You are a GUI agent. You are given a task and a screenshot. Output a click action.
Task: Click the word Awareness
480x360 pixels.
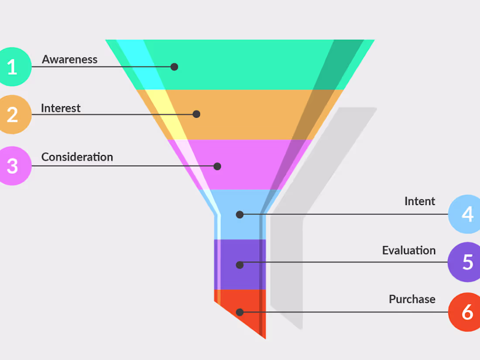coord(70,59)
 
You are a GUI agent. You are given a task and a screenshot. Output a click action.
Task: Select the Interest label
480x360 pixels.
coord(61,108)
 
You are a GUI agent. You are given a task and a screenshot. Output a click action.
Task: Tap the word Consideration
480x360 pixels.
coord(77,157)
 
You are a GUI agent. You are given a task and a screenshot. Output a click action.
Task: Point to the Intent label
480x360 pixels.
coord(420,201)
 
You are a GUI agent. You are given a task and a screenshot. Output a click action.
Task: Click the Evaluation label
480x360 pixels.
coord(409,250)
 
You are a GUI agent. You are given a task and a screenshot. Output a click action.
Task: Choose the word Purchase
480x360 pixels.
coord(412,299)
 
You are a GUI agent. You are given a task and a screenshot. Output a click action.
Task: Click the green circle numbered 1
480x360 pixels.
coord(12,67)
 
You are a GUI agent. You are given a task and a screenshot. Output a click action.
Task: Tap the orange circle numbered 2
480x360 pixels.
coord(12,114)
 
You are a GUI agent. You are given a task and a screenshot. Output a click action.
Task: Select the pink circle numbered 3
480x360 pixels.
coord(12,166)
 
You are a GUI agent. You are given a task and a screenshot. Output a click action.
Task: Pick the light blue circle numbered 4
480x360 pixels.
coord(465,214)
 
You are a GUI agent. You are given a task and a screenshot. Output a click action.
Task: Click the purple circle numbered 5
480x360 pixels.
coord(465,262)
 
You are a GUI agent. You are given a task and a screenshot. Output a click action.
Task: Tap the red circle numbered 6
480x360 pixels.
coord(465,312)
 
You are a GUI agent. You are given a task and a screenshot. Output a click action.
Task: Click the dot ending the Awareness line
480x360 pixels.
coord(174,67)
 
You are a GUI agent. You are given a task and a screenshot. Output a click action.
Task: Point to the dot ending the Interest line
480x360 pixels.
coord(196,114)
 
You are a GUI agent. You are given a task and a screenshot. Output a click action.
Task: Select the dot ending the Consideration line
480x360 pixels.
coord(217,166)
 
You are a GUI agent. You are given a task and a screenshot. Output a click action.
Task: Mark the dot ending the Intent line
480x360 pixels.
coord(240,215)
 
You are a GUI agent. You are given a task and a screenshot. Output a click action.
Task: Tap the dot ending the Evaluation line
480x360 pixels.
coord(240,265)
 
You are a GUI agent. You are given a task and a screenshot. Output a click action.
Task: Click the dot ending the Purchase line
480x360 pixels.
coord(240,312)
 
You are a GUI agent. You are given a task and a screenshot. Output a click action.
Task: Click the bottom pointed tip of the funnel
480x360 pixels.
coord(265,339)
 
